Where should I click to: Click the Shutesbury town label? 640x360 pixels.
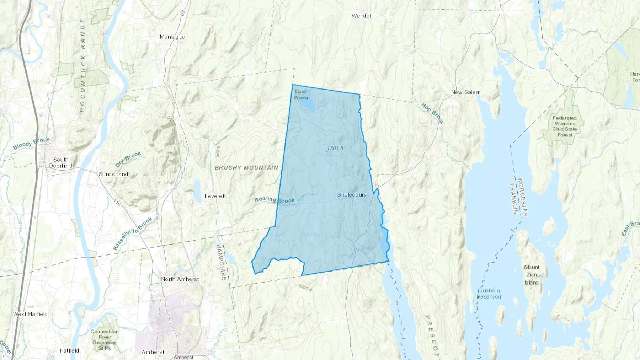point(351,195)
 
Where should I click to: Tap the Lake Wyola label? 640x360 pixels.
point(301,95)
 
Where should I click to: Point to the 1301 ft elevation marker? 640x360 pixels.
point(335,148)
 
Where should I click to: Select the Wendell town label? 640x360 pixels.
point(362,16)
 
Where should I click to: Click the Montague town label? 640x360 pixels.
point(172,37)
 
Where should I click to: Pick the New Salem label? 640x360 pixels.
point(465,92)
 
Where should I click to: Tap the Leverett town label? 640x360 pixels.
point(215,196)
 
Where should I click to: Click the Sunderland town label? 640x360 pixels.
point(113,174)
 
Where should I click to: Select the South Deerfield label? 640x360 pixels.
point(61,163)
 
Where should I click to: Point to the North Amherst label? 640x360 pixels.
point(180,279)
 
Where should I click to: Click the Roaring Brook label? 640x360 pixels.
point(274,200)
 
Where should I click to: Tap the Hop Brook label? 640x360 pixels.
point(432,114)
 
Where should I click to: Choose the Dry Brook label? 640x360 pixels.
point(128,159)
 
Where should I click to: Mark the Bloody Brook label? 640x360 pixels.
point(31,143)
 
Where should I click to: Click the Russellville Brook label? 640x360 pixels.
point(133,234)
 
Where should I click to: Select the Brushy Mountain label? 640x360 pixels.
point(246,167)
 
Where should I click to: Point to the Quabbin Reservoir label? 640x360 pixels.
point(489,294)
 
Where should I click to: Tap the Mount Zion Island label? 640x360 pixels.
point(532,275)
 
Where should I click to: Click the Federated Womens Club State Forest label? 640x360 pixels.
point(565,127)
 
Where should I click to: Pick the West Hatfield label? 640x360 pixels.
point(30,314)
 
